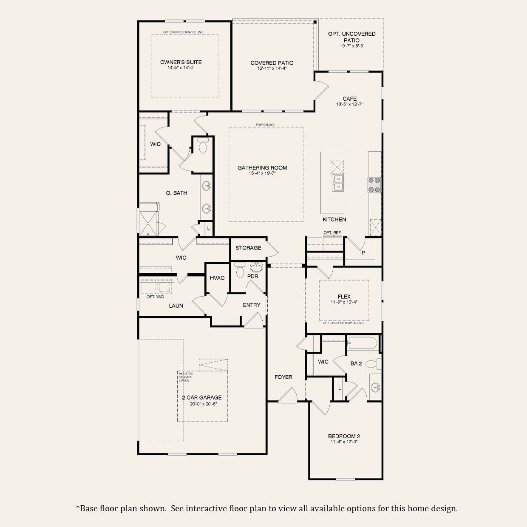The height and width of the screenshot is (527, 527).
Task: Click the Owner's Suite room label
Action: (181, 62)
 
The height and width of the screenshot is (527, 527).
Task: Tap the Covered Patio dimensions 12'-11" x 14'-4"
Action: (272, 68)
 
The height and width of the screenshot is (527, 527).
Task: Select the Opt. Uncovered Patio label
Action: (351, 37)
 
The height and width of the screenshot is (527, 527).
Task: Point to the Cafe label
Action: (349, 99)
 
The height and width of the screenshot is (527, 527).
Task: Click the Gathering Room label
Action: (262, 168)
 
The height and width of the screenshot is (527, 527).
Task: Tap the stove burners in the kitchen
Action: (374, 185)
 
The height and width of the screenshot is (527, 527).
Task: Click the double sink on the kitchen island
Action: (338, 183)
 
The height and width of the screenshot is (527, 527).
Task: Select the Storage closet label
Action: (248, 248)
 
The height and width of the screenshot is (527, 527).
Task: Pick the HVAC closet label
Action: (217, 278)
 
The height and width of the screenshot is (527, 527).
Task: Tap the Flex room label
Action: (344, 297)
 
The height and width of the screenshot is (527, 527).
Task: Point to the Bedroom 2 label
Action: (344, 436)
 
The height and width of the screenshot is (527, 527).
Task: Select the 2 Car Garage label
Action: (202, 398)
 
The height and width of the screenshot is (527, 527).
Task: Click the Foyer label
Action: (283, 377)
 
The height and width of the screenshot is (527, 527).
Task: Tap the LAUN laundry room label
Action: (176, 306)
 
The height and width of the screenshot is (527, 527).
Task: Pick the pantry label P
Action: (363, 252)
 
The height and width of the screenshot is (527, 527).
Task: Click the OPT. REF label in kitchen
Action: (332, 233)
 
